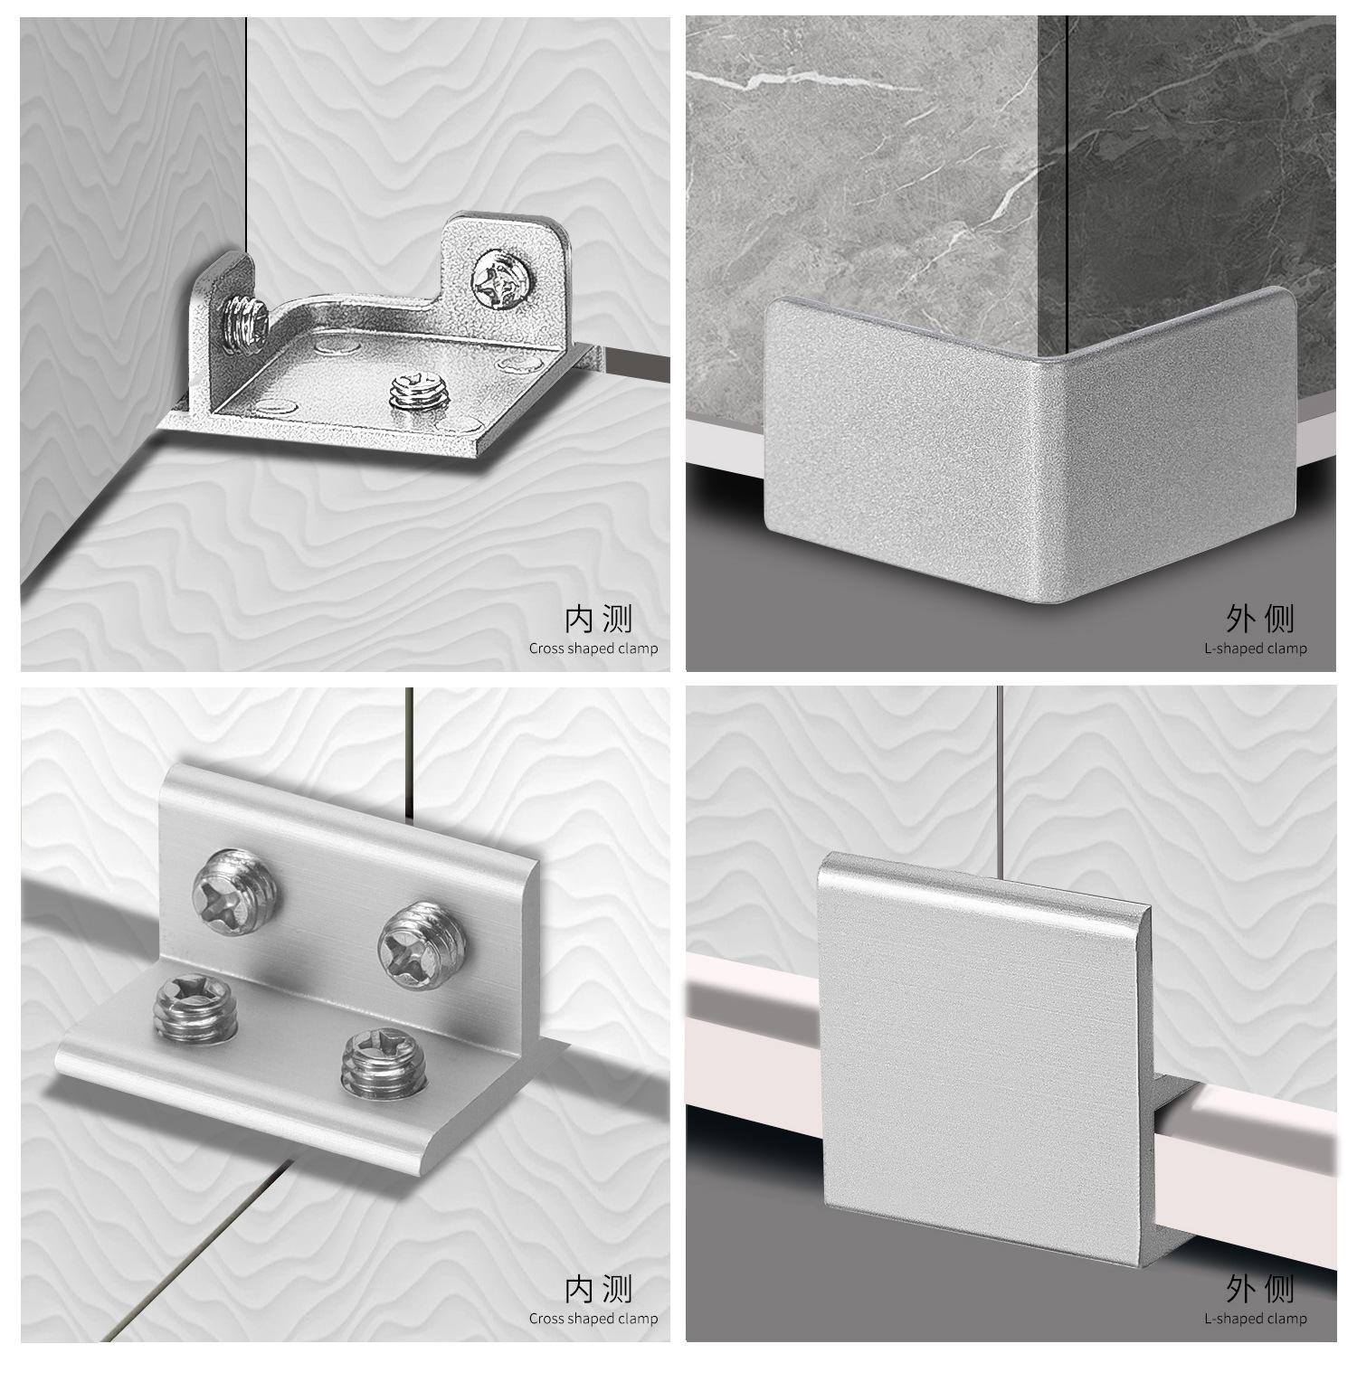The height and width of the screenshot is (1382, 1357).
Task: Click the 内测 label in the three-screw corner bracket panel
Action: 598,620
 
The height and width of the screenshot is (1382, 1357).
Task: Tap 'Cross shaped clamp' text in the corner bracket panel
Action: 593,648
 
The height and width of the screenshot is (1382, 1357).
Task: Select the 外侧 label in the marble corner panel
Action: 1260,620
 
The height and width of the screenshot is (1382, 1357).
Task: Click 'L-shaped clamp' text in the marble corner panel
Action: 1256,648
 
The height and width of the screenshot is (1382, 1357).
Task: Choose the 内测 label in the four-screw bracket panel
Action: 598,1289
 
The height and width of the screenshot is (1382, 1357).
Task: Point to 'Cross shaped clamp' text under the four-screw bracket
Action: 593,1318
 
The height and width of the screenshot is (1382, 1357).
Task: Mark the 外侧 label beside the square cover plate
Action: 1260,1289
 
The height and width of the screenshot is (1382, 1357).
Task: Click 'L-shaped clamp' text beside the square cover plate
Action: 1256,1318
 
